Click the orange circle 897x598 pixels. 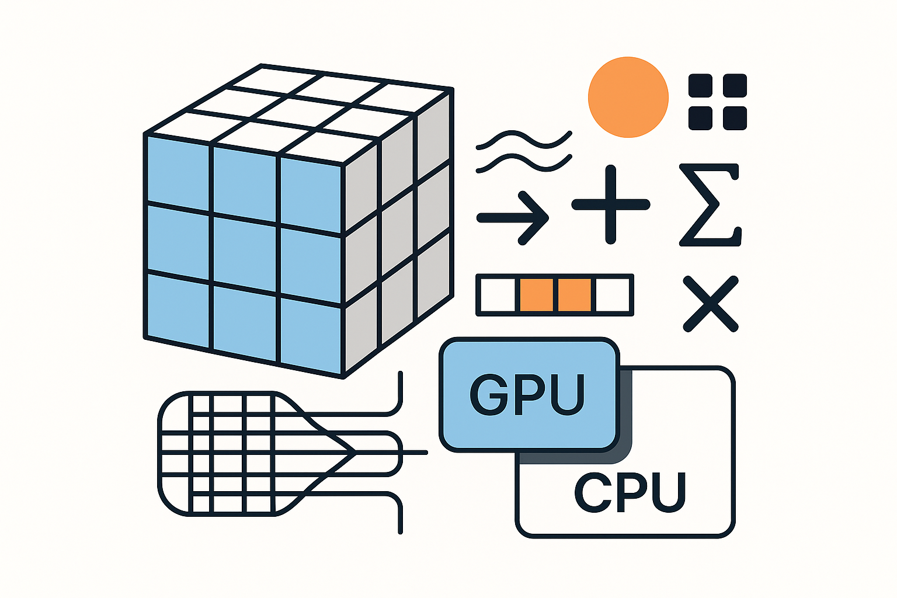(x=628, y=97)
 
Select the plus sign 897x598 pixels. (x=610, y=204)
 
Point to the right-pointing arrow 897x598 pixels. (x=513, y=218)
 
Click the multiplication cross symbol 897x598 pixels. (x=711, y=304)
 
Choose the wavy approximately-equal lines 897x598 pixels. (x=524, y=151)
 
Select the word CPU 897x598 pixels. (x=630, y=492)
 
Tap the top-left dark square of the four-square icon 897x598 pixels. (x=700, y=85)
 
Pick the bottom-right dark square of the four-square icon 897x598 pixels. (x=735, y=118)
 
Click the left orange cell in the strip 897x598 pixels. (x=536, y=295)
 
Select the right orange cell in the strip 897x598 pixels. (x=574, y=295)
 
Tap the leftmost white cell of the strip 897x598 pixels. (x=498, y=295)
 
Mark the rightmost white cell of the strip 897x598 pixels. (x=613, y=295)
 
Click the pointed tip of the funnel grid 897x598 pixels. (x=354, y=452)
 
